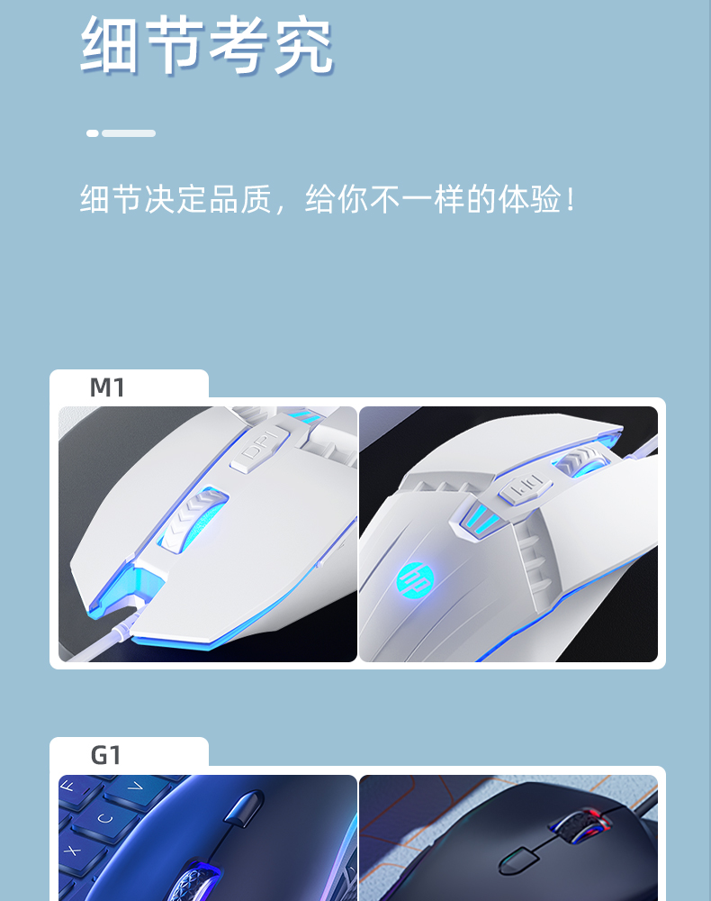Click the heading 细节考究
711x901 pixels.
pyautogui.click(x=207, y=45)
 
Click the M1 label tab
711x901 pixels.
pyautogui.click(x=108, y=387)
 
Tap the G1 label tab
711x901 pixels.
pyautogui.click(x=106, y=755)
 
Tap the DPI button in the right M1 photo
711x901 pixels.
pyautogui.click(x=519, y=490)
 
